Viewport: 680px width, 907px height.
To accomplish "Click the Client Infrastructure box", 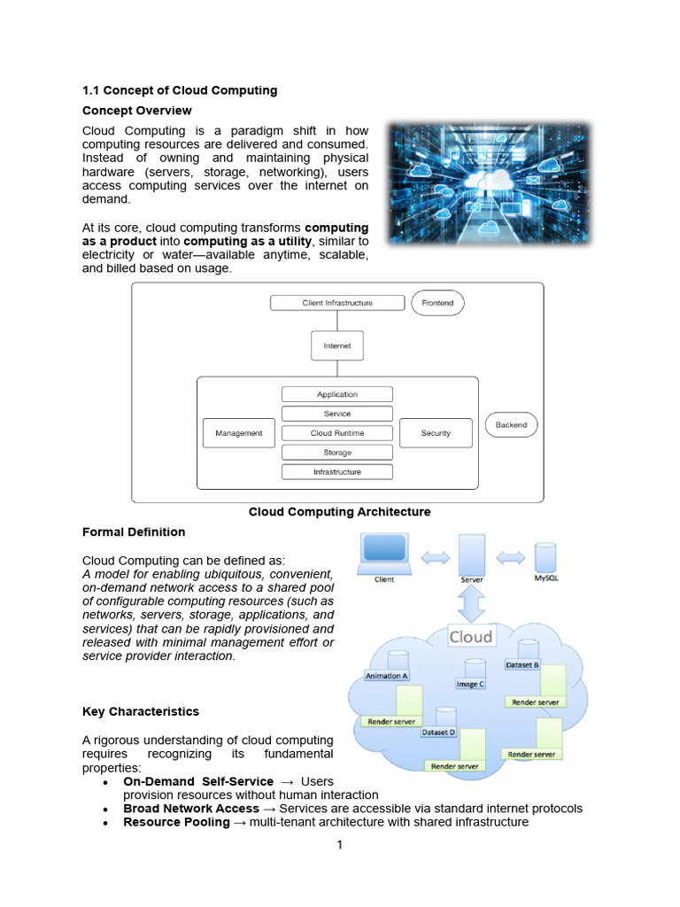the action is pos(337,303).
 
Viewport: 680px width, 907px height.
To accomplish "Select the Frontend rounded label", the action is pos(437,303).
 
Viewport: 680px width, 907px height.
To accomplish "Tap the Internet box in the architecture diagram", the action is pos(337,346).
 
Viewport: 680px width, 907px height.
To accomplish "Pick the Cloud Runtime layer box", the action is pos(337,433).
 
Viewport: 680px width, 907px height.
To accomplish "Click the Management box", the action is pos(239,433).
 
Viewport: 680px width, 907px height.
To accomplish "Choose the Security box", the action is pos(436,433).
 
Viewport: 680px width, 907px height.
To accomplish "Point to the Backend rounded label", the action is pos(511,424).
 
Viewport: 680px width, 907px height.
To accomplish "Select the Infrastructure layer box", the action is pos(337,472).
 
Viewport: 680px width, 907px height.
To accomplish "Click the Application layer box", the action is pos(337,394).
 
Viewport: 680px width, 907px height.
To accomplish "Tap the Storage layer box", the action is pos(337,453).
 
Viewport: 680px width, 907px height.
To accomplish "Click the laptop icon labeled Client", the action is pos(384,554).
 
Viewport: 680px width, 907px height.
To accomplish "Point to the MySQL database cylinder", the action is pos(545,558).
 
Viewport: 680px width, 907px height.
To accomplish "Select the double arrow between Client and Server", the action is pos(435,558).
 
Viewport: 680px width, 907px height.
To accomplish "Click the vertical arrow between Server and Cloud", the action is pos(472,604).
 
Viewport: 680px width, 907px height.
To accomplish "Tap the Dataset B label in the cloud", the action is pos(522,665).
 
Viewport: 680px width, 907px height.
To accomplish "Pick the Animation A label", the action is pos(386,676).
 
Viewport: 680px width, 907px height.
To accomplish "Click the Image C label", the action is pos(470,685).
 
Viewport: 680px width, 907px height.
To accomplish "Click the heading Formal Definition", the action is pos(134,532).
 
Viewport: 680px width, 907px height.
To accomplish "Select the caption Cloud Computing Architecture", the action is pos(339,512).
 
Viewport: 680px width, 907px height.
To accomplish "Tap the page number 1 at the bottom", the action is pos(339,844).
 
